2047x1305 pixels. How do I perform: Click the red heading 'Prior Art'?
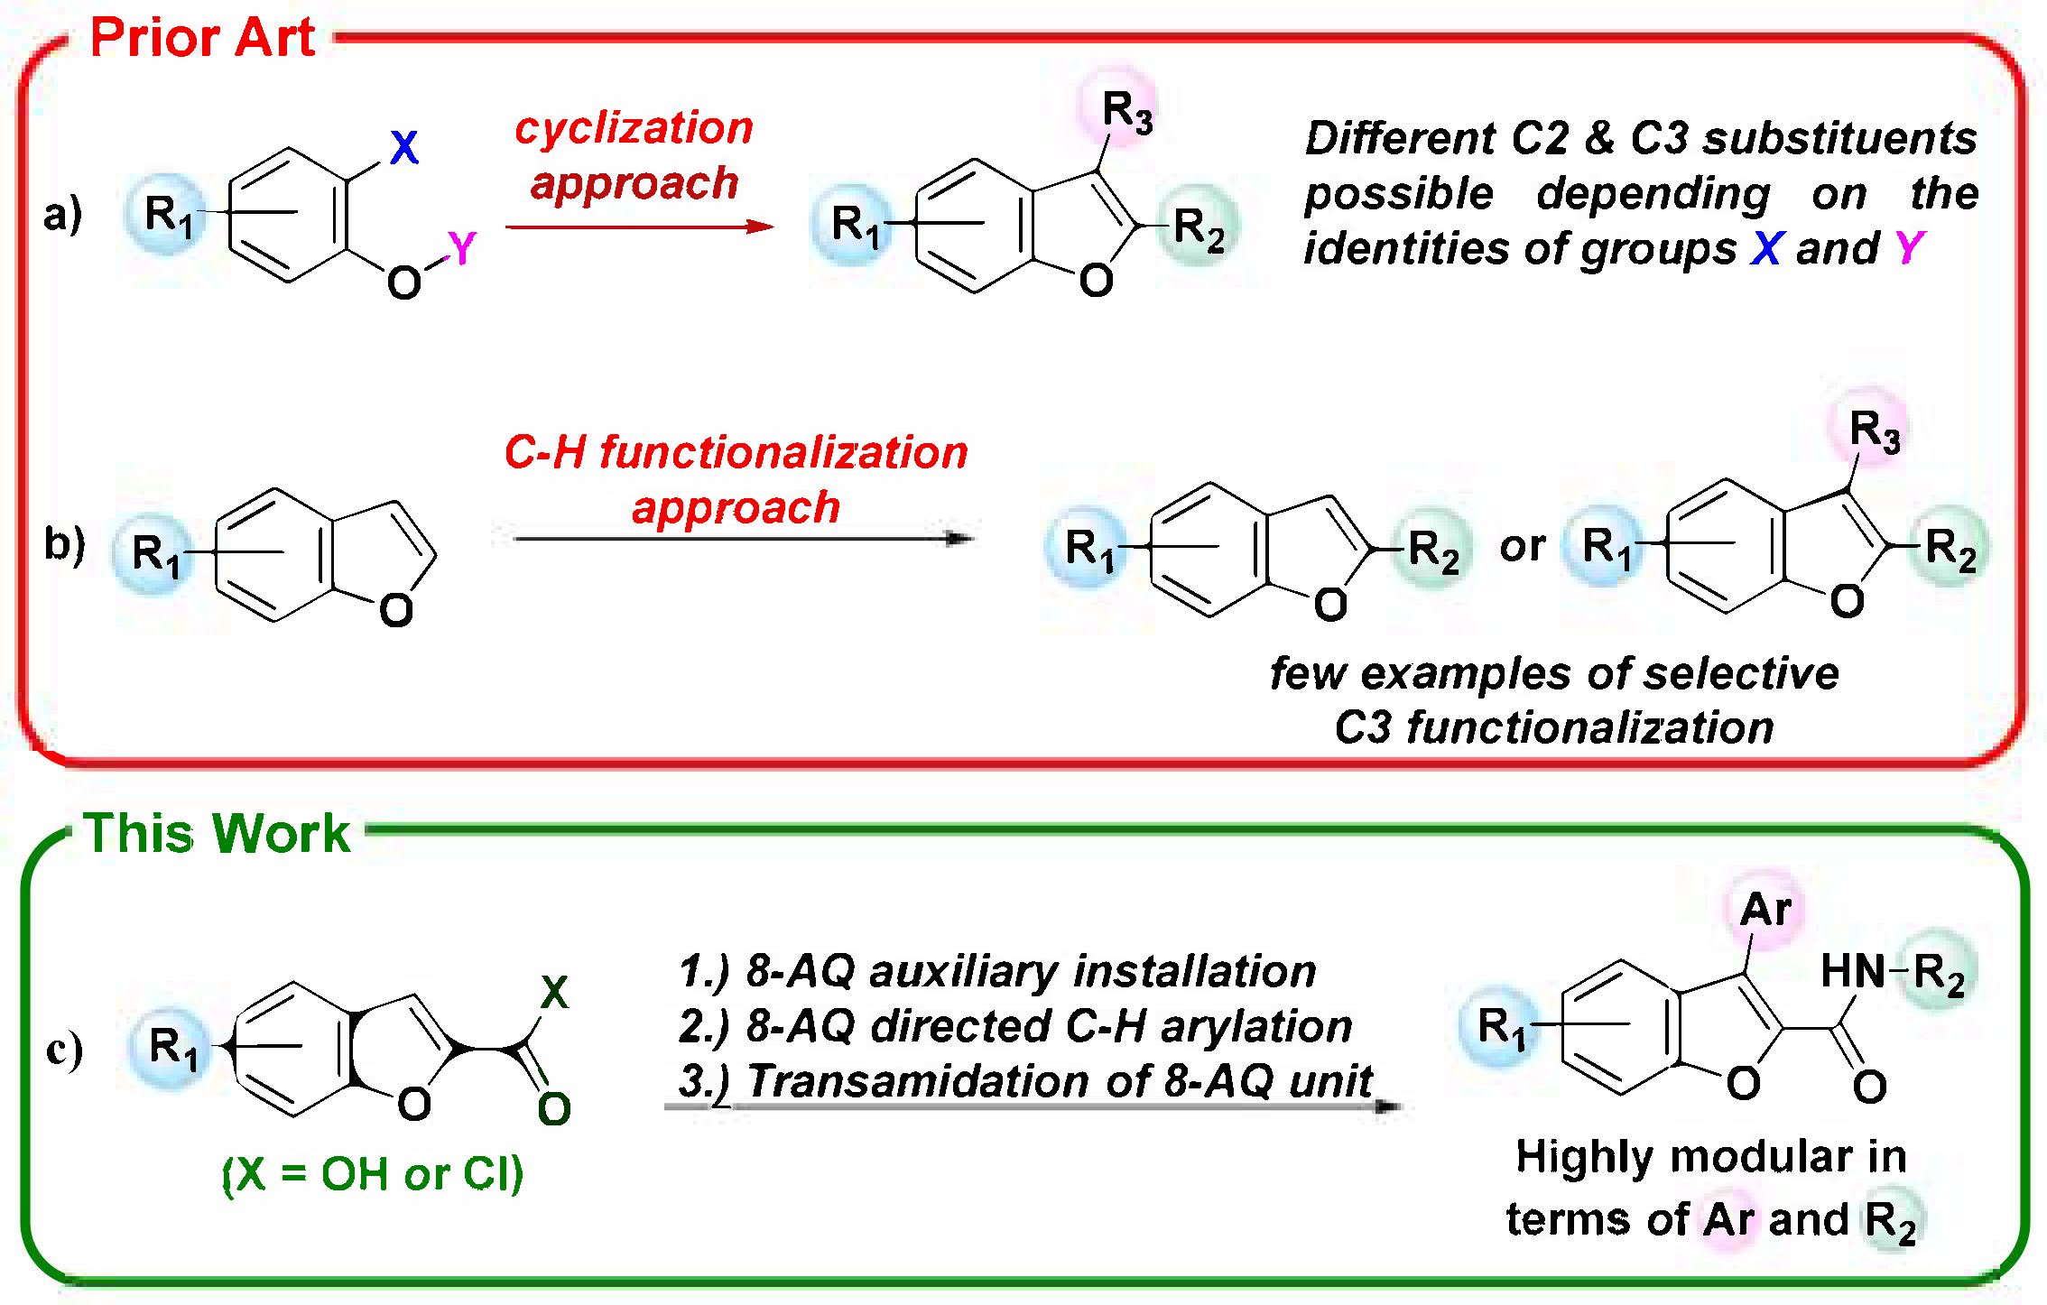pos(202,38)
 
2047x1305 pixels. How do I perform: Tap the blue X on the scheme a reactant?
pos(404,147)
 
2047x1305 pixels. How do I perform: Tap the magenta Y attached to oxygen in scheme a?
pos(461,248)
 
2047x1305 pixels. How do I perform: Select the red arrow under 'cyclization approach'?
pos(639,227)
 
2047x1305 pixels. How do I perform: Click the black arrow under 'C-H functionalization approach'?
pos(744,539)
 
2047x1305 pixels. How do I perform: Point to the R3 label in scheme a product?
pos(1126,113)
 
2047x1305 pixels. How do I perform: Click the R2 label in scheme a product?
pos(1199,227)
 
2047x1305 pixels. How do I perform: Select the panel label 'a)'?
pos(63,215)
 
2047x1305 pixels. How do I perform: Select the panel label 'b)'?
pos(65,544)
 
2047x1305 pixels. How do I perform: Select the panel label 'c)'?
pos(65,1049)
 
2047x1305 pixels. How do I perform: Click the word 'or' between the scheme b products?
pos(1523,546)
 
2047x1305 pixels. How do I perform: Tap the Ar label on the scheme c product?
pos(1766,910)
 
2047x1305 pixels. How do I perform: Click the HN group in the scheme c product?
pos(1852,972)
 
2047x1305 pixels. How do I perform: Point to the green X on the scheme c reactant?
pos(554,993)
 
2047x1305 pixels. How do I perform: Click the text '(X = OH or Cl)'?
pos(373,1174)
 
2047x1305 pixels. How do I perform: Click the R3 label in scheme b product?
pos(1875,430)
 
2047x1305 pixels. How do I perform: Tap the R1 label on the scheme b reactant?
pos(156,553)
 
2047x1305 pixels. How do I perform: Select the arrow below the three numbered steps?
pos(1033,1106)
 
